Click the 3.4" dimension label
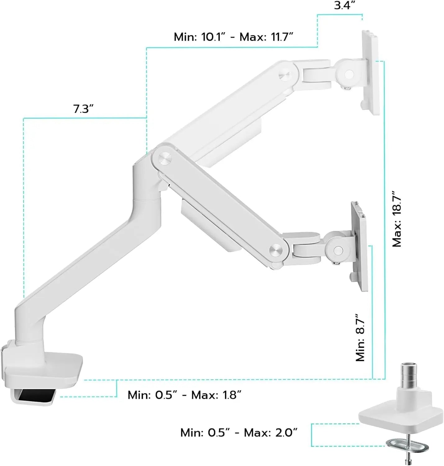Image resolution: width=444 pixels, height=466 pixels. point(344,6)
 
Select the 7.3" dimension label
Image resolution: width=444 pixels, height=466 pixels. point(83,109)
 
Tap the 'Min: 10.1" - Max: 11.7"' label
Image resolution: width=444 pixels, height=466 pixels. point(233,37)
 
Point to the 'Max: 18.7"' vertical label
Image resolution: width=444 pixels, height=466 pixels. point(397,219)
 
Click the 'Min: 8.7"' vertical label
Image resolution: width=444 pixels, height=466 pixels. point(360,337)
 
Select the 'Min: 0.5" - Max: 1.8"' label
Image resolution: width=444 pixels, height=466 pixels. point(184,395)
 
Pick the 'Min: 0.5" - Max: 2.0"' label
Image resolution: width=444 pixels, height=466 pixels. point(239,432)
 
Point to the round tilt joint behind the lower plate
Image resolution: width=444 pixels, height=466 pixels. point(337,249)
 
